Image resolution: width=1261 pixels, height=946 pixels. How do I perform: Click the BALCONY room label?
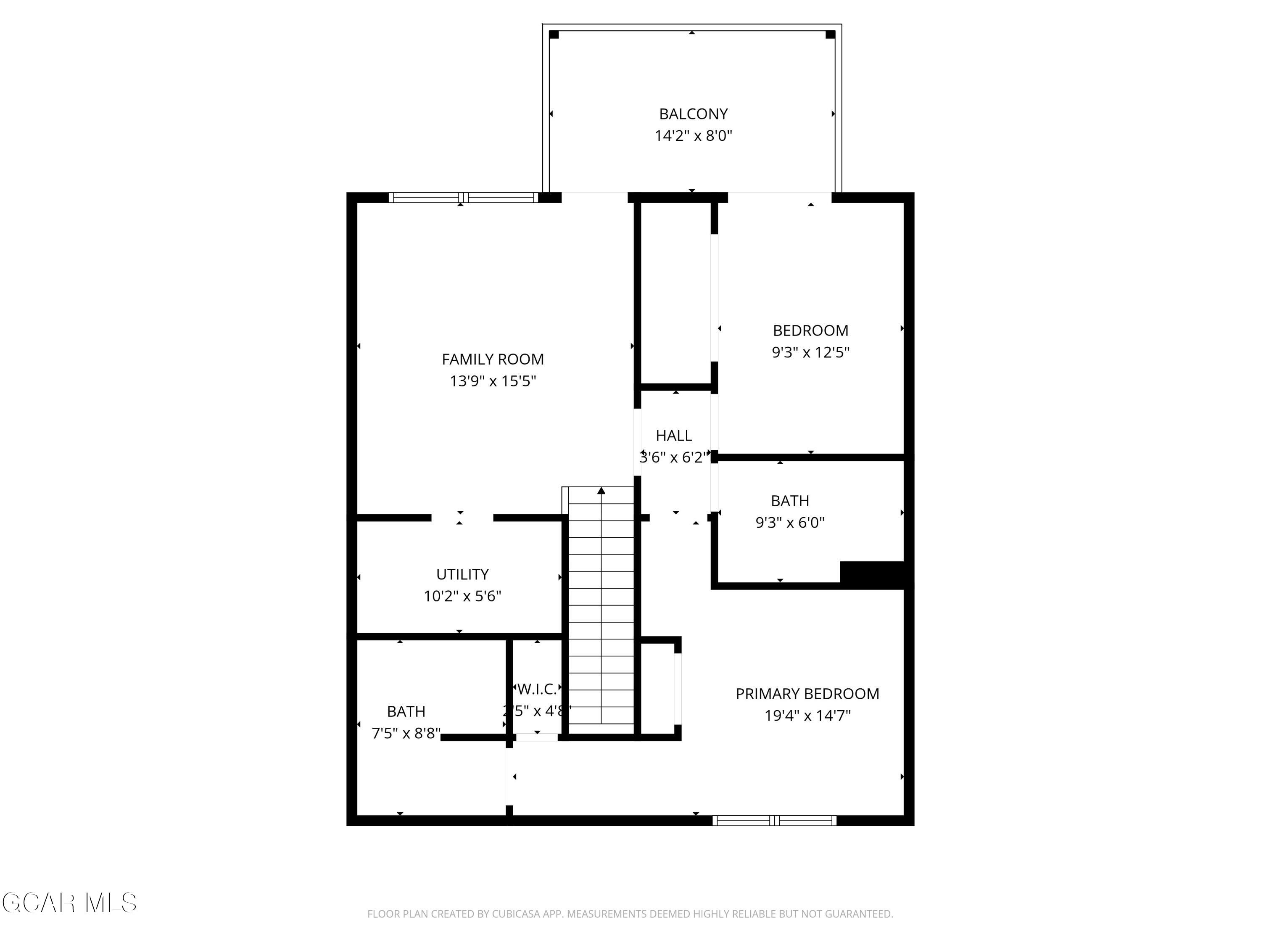[693, 114]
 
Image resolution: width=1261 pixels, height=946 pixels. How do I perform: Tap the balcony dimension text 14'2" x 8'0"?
[693, 136]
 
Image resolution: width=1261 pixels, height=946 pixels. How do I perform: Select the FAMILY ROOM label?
[493, 359]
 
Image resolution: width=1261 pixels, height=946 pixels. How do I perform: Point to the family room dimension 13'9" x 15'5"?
[493, 381]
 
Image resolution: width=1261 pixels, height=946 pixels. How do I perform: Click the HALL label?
[674, 436]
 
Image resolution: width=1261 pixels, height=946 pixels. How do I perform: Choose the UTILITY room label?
[462, 574]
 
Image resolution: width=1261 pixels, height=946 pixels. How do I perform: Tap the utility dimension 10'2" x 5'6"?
[462, 596]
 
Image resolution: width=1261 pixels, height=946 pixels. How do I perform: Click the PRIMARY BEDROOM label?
[807, 694]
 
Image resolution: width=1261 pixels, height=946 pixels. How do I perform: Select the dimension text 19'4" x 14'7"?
[807, 716]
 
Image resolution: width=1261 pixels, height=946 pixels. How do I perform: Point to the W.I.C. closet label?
[536, 690]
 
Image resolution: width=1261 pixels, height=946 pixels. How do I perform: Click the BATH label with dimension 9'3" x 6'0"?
[790, 501]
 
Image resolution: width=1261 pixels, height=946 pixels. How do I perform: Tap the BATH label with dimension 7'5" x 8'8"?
[406, 712]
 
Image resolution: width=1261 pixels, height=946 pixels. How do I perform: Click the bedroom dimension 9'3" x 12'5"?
[811, 352]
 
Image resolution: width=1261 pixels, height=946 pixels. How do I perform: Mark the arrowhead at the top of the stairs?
[601, 490]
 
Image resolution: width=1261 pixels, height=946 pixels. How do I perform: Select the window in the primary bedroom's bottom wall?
[775, 821]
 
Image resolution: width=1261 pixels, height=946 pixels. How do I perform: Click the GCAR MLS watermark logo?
[69, 903]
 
